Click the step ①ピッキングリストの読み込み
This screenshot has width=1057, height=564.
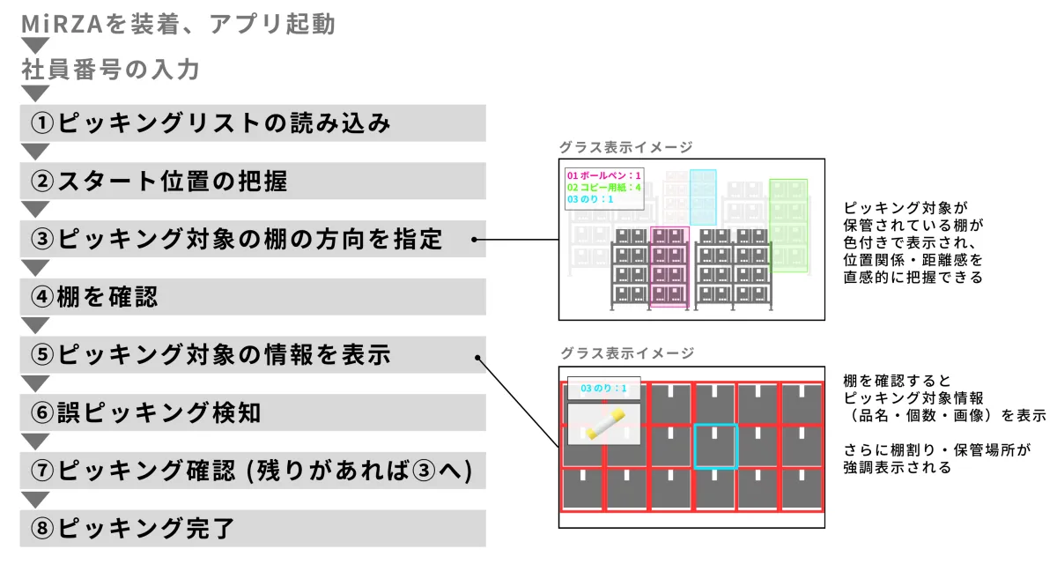coord(252,123)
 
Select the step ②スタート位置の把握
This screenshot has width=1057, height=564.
coord(252,181)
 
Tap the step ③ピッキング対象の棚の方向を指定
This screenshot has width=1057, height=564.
coord(252,239)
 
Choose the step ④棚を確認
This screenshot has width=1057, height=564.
coord(252,297)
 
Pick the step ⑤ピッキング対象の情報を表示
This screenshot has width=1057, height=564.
coord(252,355)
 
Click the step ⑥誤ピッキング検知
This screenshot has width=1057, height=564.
coord(252,412)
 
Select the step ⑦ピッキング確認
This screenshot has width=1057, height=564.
coord(252,471)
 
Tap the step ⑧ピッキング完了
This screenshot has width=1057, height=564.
coord(252,529)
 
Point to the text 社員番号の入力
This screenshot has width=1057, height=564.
coord(111,70)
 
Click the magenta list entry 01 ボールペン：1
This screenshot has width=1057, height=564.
coord(604,175)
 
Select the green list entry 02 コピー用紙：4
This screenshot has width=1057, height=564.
coord(604,188)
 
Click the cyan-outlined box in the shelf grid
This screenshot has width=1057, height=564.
coord(714,446)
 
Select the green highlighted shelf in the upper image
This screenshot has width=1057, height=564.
coord(788,225)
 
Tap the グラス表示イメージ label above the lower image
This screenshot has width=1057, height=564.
coord(627,353)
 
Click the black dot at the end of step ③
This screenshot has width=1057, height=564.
coord(474,239)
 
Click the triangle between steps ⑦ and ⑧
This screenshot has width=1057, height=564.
coord(34,500)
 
